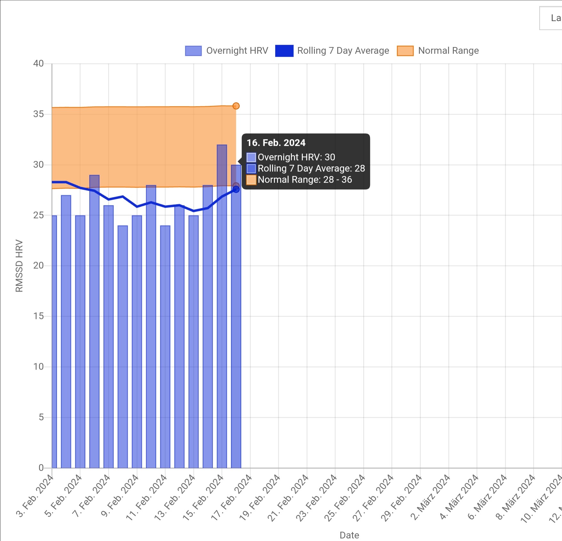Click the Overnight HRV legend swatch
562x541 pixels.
tap(193, 51)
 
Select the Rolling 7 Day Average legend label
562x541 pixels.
tap(343, 51)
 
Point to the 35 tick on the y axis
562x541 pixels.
tap(38, 114)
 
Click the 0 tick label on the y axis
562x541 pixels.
tap(41, 468)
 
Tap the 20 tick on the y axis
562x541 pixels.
tap(38, 266)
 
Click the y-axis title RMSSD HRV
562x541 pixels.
tap(19, 266)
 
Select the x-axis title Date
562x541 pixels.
tap(349, 535)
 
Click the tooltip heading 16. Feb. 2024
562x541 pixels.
tap(276, 143)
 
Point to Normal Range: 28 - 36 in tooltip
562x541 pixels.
tap(305, 179)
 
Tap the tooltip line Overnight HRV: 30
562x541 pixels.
tap(296, 157)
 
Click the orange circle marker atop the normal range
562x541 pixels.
tap(236, 106)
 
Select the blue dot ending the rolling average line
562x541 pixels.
tap(236, 189)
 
